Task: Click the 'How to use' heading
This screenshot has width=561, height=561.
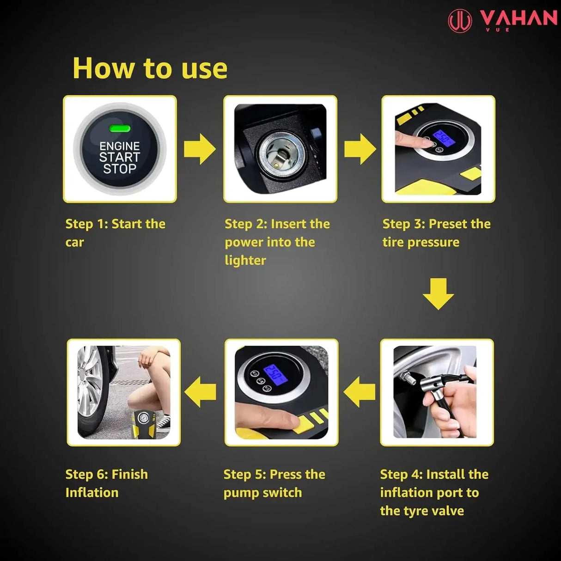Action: pos(150,68)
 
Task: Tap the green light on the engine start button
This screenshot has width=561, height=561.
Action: pos(120,129)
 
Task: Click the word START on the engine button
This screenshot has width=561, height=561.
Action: pos(119,157)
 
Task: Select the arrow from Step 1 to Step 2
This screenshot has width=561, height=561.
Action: pos(200,149)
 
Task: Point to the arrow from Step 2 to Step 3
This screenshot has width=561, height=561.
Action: pos(360,149)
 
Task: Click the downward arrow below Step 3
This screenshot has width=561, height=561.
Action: pos(438,293)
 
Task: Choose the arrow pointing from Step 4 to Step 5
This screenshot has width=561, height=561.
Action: pos(359,392)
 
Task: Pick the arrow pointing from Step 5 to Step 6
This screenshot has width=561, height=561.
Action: pos(200,392)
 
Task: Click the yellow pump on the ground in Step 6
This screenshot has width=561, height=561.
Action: pos(144,423)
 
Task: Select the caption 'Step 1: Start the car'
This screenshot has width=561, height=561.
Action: pos(115,233)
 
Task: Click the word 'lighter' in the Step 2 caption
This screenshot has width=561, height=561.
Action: pos(245,260)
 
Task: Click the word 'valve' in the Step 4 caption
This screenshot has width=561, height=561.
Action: pos(447,511)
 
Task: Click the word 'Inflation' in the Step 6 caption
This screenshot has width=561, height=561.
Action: pos(92,493)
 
